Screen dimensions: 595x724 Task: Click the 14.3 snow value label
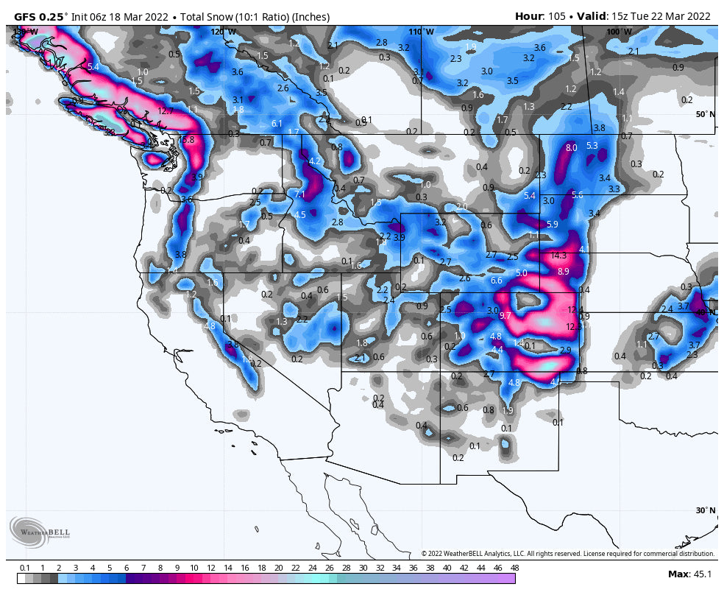(x=558, y=256)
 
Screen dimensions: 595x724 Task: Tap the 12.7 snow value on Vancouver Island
(x=166, y=111)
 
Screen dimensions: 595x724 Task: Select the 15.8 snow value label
(x=186, y=139)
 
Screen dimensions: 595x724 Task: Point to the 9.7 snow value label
(x=505, y=315)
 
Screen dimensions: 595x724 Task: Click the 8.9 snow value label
(x=564, y=272)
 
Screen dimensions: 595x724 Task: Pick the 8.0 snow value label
(x=571, y=148)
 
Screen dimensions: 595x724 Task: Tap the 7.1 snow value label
(x=299, y=194)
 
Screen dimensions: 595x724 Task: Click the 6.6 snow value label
(x=496, y=281)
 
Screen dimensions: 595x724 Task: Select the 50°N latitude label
(x=705, y=114)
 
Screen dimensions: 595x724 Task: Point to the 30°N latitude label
(x=705, y=510)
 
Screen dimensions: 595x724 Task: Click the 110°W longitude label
(x=422, y=32)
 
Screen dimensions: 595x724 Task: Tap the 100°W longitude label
(x=618, y=32)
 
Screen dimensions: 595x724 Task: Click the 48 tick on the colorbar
(x=514, y=568)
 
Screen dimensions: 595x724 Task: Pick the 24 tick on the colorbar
(x=312, y=568)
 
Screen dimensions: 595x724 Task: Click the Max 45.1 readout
(x=689, y=574)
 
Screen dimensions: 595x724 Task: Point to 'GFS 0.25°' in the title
(x=41, y=16)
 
